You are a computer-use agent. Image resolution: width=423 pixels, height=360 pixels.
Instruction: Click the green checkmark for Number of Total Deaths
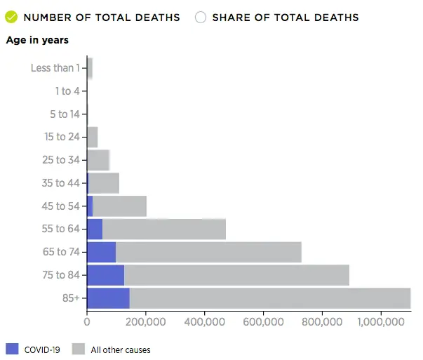click(x=11, y=17)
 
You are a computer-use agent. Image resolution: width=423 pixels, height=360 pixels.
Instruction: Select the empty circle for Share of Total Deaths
click(x=201, y=17)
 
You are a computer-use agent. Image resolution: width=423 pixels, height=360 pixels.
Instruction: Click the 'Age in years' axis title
click(x=37, y=41)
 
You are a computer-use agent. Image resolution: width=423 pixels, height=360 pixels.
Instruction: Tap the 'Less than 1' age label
click(x=56, y=68)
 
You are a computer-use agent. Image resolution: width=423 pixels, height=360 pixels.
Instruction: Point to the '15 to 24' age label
click(x=62, y=136)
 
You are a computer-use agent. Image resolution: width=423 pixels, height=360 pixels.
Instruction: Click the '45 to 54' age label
click(x=62, y=206)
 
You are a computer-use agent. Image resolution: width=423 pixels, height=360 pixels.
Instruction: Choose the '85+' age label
click(x=69, y=298)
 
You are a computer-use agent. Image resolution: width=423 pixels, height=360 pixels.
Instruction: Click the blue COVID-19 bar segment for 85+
click(x=108, y=298)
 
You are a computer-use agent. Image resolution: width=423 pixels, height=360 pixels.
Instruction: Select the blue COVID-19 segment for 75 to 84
click(x=105, y=275)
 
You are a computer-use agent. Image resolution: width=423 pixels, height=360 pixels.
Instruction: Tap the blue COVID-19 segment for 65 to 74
click(x=101, y=252)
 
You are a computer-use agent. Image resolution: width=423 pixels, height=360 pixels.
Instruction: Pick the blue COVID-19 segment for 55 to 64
click(x=95, y=229)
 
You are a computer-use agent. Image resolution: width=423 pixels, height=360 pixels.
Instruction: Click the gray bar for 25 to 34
click(x=98, y=160)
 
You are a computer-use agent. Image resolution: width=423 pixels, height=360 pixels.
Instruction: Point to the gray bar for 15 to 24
click(x=92, y=137)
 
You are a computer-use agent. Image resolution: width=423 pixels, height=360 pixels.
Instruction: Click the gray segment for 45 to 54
click(x=119, y=206)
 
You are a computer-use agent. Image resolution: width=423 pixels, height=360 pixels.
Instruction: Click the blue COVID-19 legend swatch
click(x=12, y=349)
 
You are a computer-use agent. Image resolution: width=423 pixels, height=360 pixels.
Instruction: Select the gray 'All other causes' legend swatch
click(x=79, y=349)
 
